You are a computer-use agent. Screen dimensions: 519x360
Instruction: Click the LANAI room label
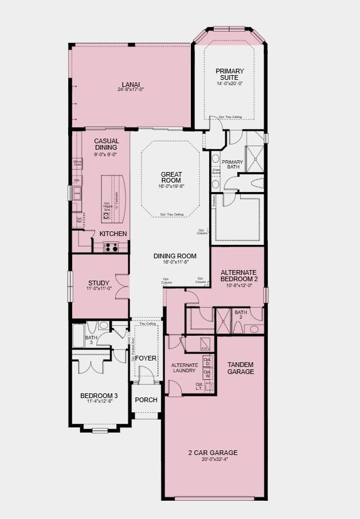[x=130, y=83]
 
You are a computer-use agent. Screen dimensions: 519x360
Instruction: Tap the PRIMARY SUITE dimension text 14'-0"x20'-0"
[x=230, y=83]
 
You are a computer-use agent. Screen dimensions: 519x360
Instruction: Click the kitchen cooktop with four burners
[x=112, y=247]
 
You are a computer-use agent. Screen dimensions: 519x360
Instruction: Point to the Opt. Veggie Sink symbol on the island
[x=106, y=215]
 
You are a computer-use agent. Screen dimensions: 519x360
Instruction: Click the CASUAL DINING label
[x=106, y=144]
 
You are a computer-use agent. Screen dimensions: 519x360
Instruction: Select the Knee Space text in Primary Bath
[x=216, y=172]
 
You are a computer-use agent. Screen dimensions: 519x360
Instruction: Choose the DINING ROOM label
[x=171, y=256]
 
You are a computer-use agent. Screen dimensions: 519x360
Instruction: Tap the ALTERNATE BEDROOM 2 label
[x=238, y=276]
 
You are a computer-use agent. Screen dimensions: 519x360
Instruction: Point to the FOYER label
[x=146, y=358]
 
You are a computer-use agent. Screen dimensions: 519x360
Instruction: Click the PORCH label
[x=146, y=400]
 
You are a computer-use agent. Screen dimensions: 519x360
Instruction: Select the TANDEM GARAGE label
[x=241, y=368]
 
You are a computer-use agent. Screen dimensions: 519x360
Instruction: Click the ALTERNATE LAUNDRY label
[x=184, y=368]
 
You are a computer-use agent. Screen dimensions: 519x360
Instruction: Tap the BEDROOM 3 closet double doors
[x=92, y=363]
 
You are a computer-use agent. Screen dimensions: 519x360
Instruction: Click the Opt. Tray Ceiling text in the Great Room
[x=171, y=214]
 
